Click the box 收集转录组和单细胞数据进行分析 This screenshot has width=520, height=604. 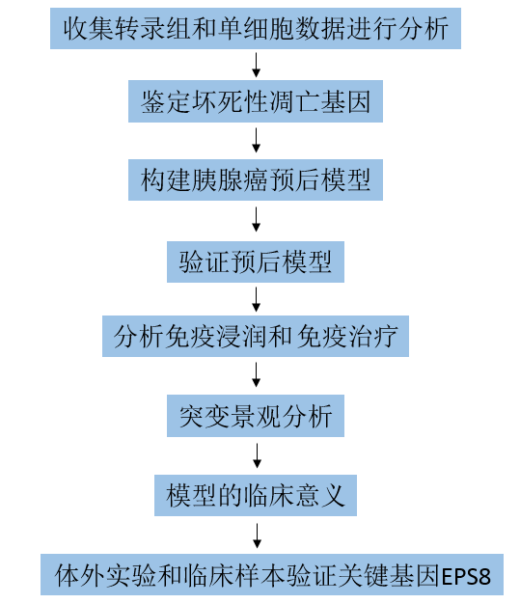[256, 29]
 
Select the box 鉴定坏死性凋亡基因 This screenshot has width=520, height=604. [256, 101]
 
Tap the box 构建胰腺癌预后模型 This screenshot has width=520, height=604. [256, 179]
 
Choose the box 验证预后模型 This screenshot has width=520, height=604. [256, 261]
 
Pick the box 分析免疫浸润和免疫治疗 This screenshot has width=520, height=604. [256, 337]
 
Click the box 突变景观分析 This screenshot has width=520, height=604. [256, 416]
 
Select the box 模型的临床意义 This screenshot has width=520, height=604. [256, 495]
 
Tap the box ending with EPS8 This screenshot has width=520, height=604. [272, 575]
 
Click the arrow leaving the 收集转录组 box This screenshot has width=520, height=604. [257, 65]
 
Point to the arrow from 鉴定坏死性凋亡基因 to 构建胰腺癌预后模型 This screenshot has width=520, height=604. [257, 140]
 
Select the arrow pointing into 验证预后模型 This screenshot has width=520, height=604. [257, 219]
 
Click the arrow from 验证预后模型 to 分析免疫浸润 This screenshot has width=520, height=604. [257, 299]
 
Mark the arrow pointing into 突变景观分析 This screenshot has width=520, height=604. [257, 374]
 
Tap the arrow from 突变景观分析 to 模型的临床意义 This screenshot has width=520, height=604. [257, 455]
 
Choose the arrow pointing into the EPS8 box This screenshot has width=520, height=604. [257, 535]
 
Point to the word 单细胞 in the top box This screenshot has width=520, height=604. [255, 29]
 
